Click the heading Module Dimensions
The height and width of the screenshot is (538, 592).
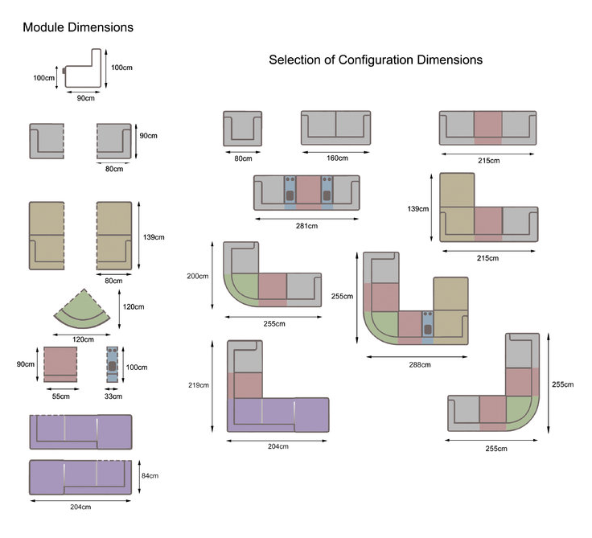77,27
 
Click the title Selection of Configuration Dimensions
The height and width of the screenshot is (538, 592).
376,60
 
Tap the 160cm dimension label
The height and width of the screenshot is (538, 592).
336,158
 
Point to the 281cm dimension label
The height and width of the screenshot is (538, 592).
306,226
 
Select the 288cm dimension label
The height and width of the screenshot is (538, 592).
415,364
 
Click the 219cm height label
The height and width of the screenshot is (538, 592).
199,385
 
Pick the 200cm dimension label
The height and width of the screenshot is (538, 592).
197,276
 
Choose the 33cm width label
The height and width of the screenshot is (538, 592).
113,396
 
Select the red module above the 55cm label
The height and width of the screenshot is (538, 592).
59,365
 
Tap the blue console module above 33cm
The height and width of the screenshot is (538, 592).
113,366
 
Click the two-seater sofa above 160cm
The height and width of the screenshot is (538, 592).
336,128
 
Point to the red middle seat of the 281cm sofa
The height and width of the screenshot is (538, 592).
306,194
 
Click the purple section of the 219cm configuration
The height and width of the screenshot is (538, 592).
277,415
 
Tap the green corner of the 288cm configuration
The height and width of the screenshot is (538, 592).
380,326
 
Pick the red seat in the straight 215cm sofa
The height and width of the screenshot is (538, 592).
487,127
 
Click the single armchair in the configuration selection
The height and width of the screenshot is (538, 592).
242,129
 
